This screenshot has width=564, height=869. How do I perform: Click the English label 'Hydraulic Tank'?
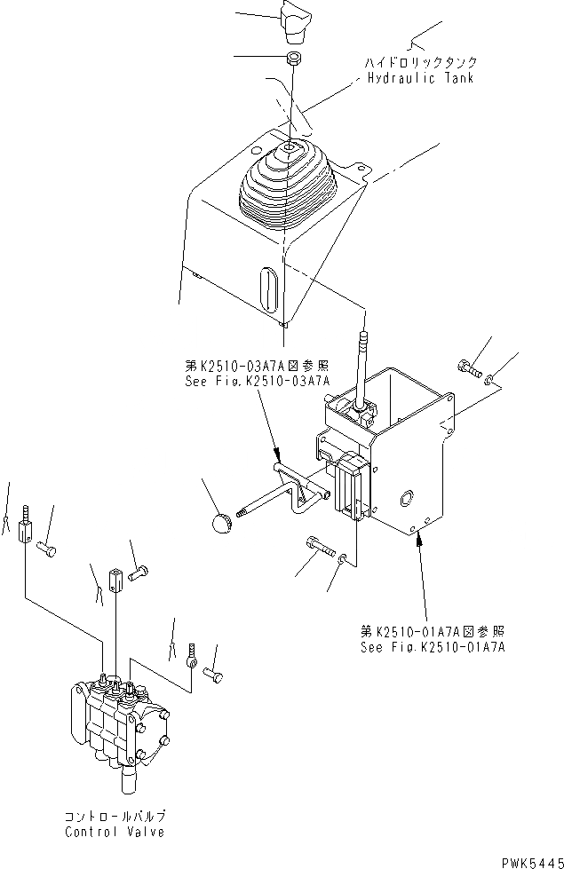pyautogui.click(x=421, y=78)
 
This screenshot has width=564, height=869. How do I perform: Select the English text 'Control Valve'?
pyautogui.click(x=113, y=832)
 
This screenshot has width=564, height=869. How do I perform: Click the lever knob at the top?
pyautogui.click(x=294, y=22)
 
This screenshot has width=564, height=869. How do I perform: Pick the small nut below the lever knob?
pyautogui.click(x=292, y=59)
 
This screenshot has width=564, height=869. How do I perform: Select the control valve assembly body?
pyautogui.click(x=115, y=719)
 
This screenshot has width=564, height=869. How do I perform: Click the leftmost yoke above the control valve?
pyautogui.click(x=25, y=531)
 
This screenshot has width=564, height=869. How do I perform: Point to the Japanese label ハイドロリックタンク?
pyautogui.click(x=421, y=62)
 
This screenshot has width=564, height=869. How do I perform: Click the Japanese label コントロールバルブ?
pyautogui.click(x=113, y=816)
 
